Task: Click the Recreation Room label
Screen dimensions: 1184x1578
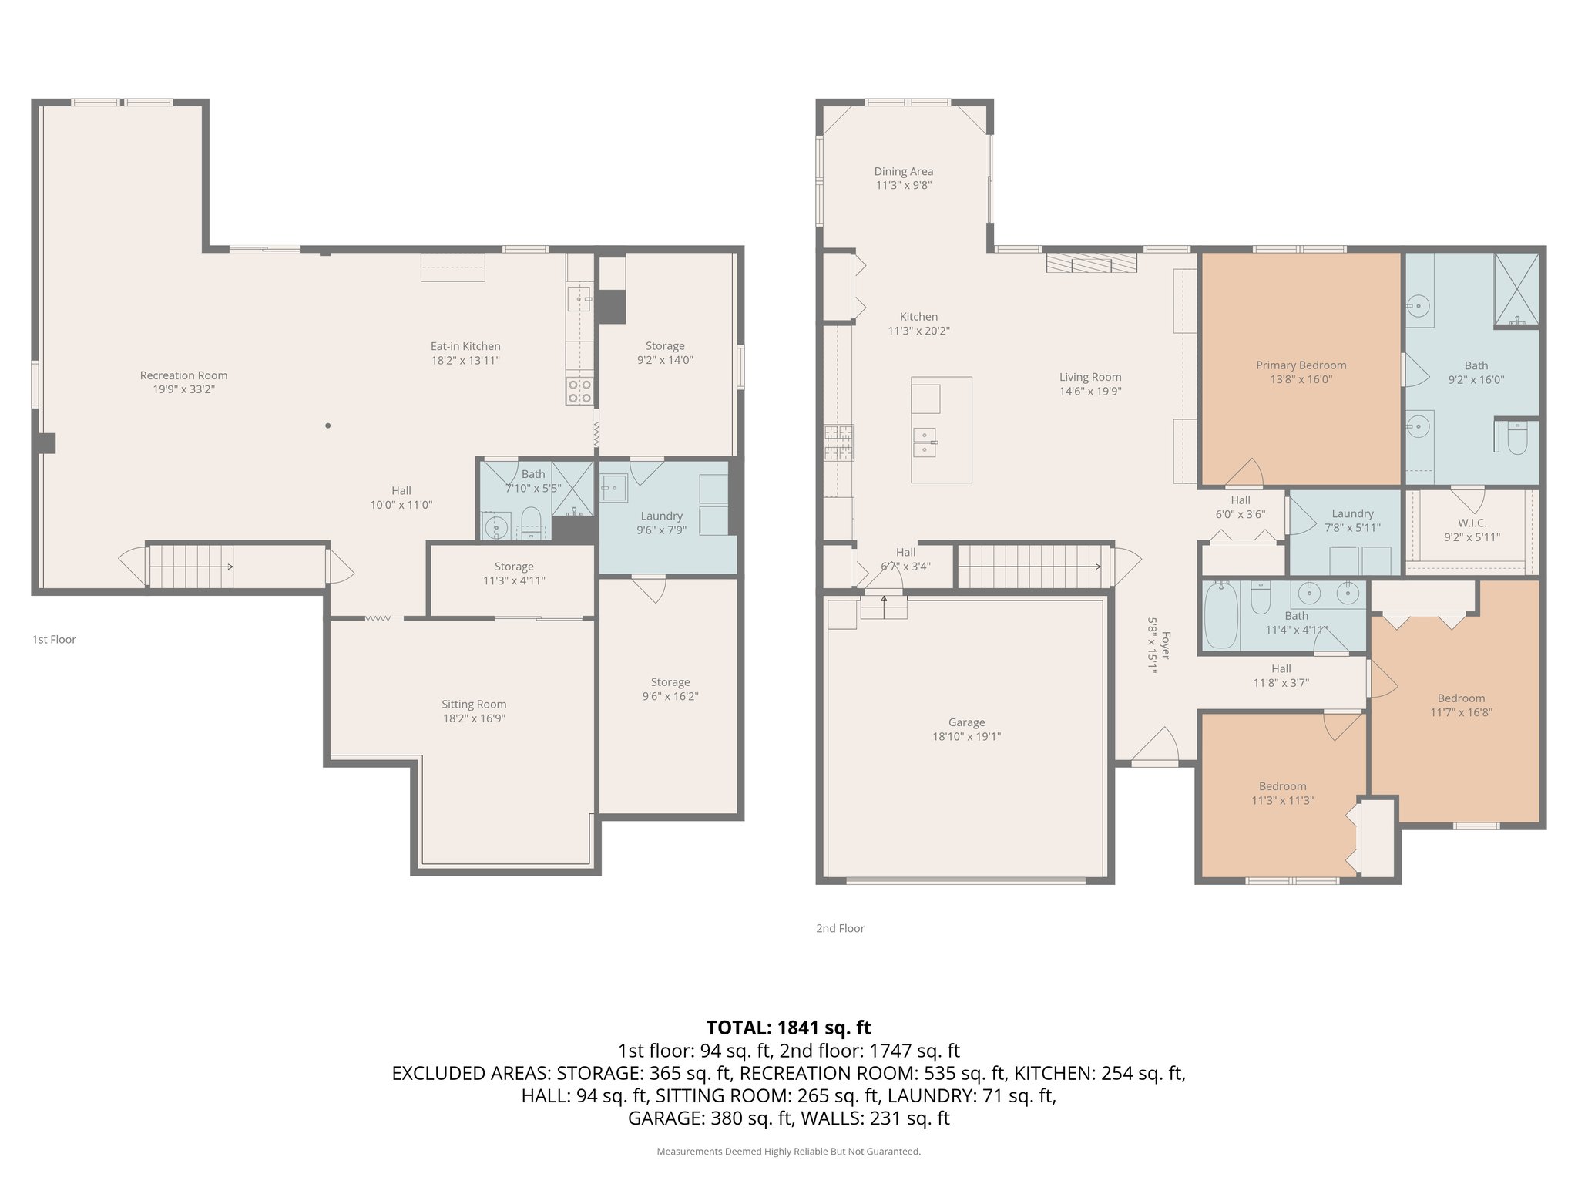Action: pyautogui.click(x=183, y=375)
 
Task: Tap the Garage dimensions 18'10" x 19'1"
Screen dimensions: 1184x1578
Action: pyautogui.click(x=966, y=737)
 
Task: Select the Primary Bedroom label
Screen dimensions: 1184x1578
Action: pyautogui.click(x=1301, y=365)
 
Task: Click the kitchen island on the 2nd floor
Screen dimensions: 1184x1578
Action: pyautogui.click(x=941, y=430)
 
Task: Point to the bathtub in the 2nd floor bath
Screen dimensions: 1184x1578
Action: pyautogui.click(x=1220, y=615)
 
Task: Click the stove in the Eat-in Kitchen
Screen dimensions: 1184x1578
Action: pyautogui.click(x=579, y=392)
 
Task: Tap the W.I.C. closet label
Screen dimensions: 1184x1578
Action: pyautogui.click(x=1472, y=523)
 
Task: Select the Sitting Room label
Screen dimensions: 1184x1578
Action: pyautogui.click(x=474, y=704)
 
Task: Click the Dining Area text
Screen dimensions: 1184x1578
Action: pyautogui.click(x=903, y=172)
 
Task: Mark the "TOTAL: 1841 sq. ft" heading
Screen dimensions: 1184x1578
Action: pyautogui.click(x=788, y=1028)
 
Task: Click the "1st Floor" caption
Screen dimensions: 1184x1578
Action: pyautogui.click(x=54, y=639)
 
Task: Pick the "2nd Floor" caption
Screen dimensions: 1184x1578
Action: pyautogui.click(x=840, y=928)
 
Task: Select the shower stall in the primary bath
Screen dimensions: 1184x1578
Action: pyautogui.click(x=1516, y=289)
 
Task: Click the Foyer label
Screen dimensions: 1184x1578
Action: pyautogui.click(x=1165, y=646)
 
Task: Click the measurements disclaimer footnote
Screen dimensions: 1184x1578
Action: pyautogui.click(x=788, y=1152)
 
